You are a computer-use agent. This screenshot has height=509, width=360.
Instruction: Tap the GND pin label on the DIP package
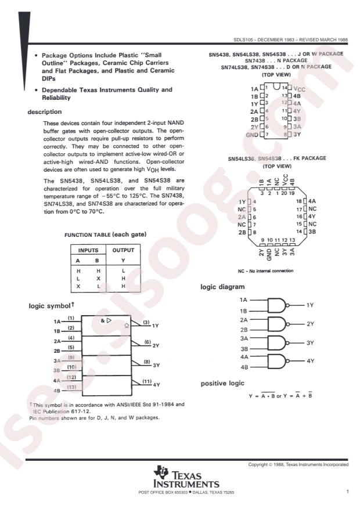251,134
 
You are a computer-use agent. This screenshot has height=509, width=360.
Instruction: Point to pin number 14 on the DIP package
285,87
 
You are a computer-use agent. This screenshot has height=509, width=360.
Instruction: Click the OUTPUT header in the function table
123,250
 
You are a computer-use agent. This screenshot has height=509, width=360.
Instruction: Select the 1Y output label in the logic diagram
310,305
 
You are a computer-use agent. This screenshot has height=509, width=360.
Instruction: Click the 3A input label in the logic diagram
245,338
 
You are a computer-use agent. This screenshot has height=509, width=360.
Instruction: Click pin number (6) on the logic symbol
146,342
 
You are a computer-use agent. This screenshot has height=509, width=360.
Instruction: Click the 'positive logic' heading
222,384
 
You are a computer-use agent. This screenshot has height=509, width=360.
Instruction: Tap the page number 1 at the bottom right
347,492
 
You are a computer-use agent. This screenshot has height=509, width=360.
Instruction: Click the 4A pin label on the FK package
312,200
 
